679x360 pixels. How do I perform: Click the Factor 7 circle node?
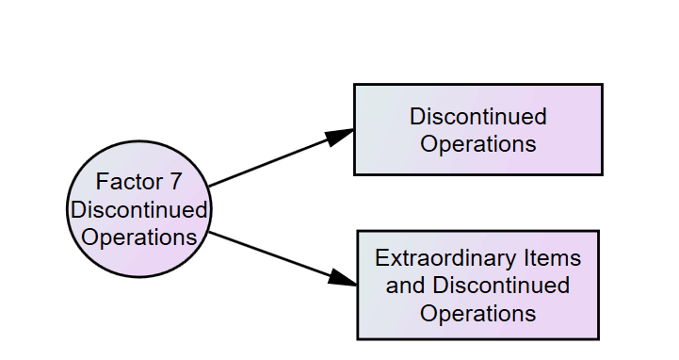(139, 209)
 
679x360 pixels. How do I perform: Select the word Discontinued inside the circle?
(139, 209)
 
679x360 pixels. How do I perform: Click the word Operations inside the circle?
(139, 236)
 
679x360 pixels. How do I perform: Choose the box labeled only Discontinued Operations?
(477, 130)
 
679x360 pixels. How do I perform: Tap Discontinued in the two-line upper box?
(477, 117)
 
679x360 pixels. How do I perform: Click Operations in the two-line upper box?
(477, 144)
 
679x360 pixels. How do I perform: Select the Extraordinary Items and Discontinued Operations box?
(477, 285)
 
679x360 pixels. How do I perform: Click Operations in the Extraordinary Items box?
(477, 312)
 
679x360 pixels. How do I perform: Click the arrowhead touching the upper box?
(340, 136)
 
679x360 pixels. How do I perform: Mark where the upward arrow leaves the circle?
(208, 186)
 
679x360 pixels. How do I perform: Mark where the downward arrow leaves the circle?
(209, 233)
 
